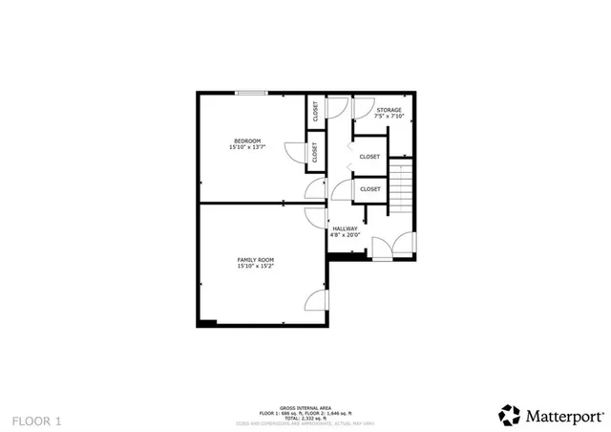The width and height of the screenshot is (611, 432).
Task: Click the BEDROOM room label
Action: [247, 141]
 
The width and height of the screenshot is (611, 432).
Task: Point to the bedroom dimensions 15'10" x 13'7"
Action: [247, 148]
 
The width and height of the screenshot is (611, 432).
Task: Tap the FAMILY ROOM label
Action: [256, 260]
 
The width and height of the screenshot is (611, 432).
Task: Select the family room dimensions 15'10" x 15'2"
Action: [256, 267]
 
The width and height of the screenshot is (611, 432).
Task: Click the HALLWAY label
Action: [345, 228]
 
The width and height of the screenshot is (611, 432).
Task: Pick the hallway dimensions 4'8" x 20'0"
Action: [345, 235]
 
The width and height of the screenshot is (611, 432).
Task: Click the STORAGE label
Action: [389, 111]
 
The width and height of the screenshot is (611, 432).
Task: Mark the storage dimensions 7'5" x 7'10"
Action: [389, 118]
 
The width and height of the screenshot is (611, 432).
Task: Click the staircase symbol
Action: [401, 189]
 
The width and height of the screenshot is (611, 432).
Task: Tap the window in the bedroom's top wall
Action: [252, 93]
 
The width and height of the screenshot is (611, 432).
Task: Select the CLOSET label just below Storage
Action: [369, 157]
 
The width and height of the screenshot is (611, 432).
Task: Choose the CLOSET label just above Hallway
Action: [370, 189]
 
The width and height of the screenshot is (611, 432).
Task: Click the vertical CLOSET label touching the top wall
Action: [314, 112]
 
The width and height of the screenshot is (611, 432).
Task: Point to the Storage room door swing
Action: [363, 106]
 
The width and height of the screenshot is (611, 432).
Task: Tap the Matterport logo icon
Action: [509, 415]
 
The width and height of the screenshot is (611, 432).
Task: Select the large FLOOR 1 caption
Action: [36, 420]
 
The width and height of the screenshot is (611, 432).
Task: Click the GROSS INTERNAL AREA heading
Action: [305, 406]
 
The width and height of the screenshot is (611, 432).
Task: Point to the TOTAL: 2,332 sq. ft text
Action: [305, 418]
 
